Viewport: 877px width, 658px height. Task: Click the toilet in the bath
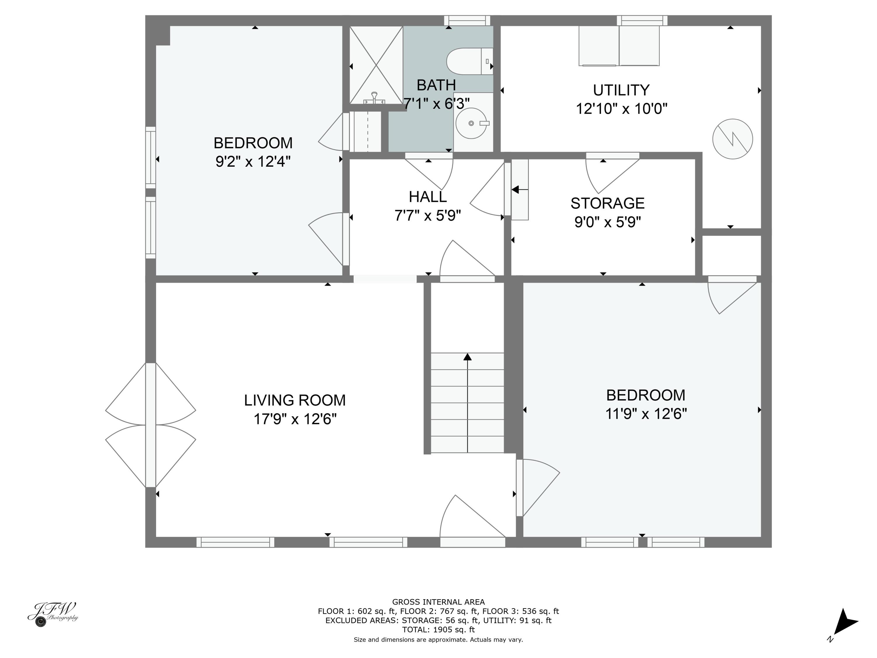(x=470, y=61)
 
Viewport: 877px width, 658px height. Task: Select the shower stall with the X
(x=376, y=65)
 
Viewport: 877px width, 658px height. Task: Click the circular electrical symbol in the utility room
(x=733, y=139)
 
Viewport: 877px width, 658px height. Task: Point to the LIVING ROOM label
(x=295, y=400)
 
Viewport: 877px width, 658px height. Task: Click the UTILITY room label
(x=621, y=90)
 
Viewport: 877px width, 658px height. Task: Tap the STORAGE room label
(x=607, y=203)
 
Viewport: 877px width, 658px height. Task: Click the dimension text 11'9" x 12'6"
(x=646, y=414)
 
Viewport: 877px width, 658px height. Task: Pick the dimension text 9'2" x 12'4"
(x=253, y=161)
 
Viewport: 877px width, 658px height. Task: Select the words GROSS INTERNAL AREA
(x=438, y=602)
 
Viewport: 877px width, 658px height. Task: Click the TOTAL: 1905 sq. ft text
(x=438, y=629)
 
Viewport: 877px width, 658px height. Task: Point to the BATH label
(x=436, y=85)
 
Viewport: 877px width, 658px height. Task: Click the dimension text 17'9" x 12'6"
(x=295, y=419)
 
